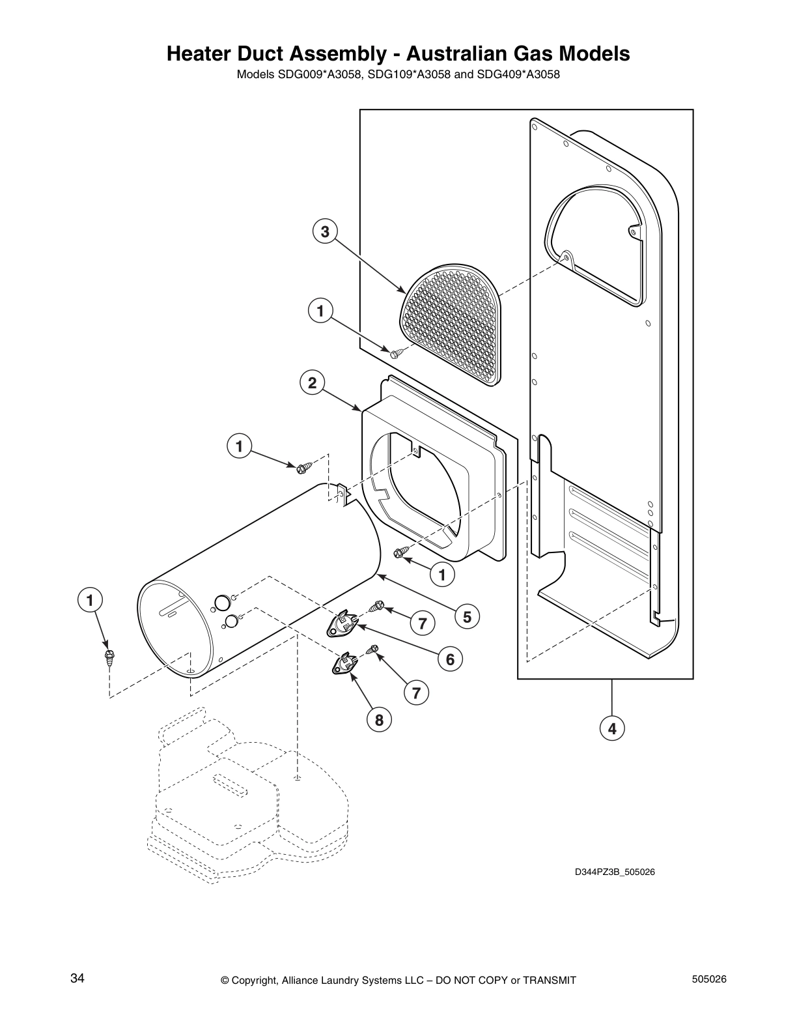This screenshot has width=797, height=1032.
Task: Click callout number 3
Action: click(325, 231)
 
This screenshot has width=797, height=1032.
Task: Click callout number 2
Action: click(313, 382)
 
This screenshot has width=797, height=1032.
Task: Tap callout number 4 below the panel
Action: click(612, 728)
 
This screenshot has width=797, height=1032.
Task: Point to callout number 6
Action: click(450, 659)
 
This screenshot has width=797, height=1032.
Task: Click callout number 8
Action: click(379, 719)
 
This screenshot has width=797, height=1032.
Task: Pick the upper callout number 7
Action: click(423, 623)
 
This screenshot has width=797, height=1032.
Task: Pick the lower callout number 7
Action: click(417, 692)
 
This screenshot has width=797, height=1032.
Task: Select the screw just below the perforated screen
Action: click(397, 352)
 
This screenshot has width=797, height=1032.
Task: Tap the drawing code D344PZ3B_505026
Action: click(614, 872)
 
